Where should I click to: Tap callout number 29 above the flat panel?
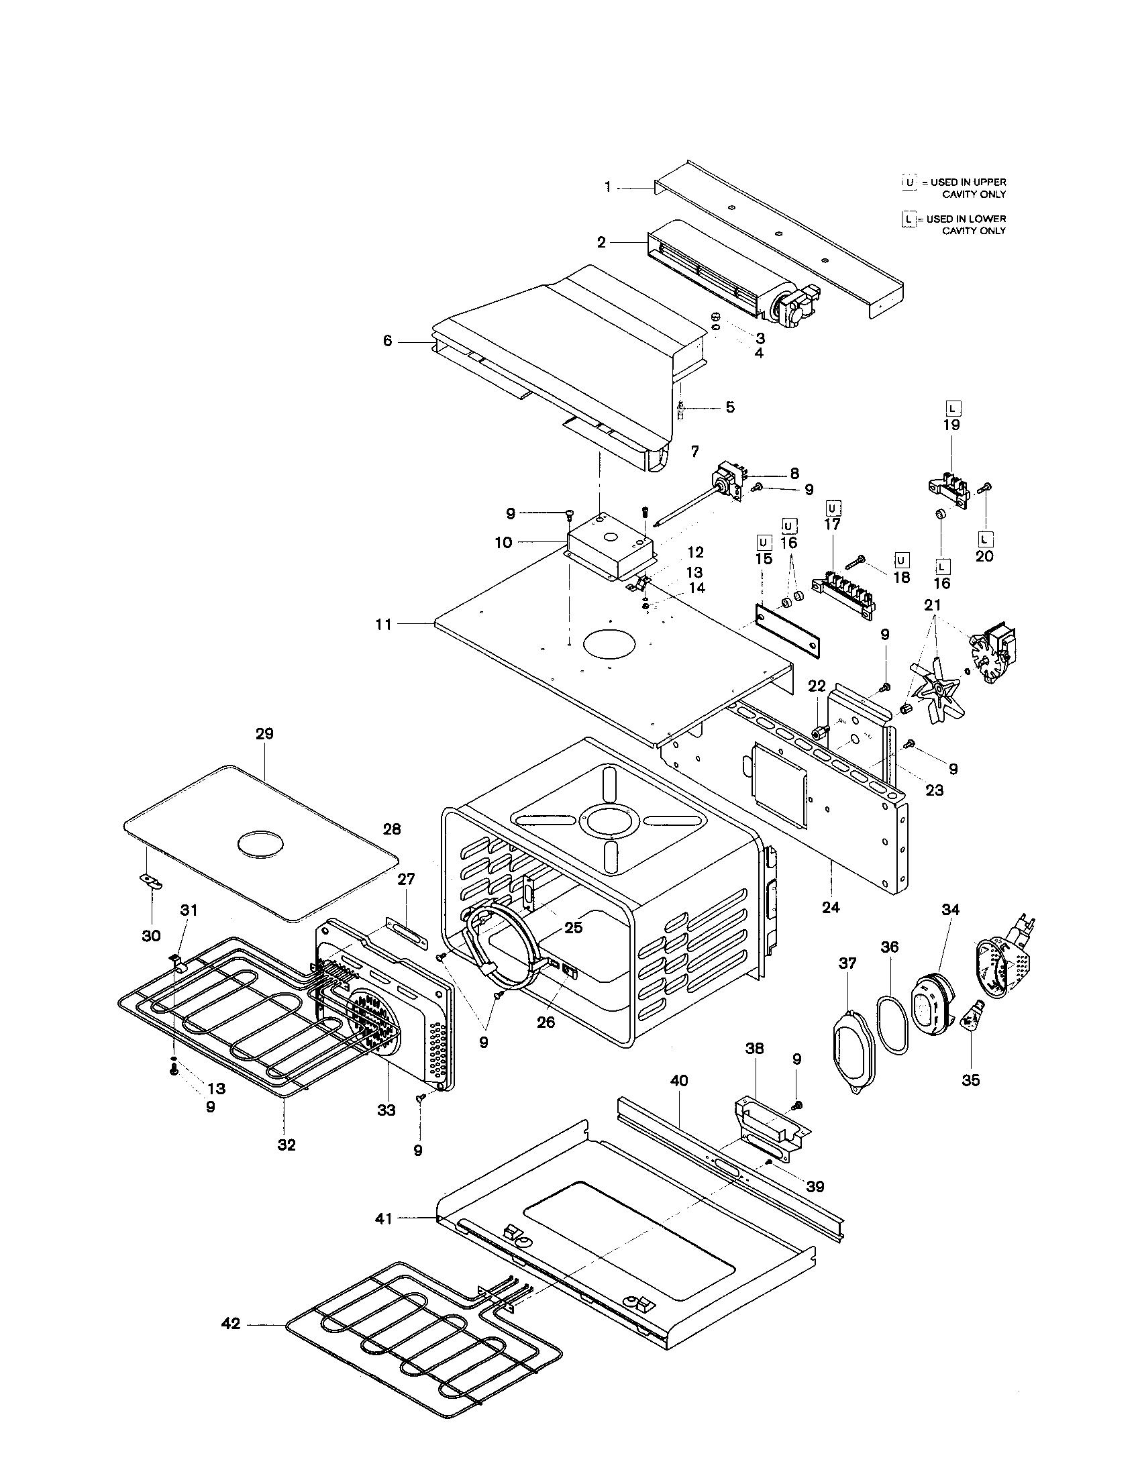pos(264,734)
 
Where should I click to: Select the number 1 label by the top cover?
pos(607,187)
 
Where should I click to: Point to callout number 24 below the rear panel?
pos(831,908)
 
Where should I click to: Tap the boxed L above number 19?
pos(952,408)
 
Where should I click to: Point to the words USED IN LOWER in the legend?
pos(966,219)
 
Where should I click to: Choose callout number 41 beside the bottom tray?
pos(383,1218)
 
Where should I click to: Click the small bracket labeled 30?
pos(151,880)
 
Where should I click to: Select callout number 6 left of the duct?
pos(387,341)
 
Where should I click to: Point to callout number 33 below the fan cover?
pos(386,1110)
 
